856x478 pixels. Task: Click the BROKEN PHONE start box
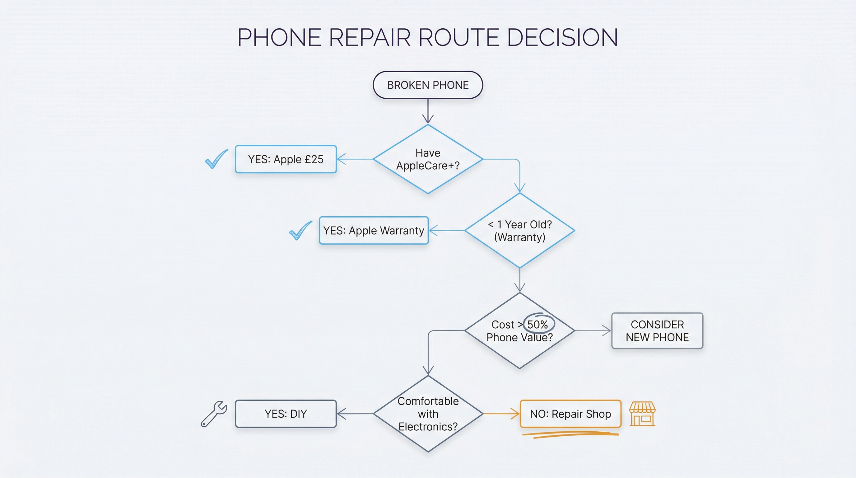428,85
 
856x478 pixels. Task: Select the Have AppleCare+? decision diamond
428,159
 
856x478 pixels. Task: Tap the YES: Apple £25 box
286,159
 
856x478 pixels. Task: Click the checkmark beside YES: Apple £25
216,159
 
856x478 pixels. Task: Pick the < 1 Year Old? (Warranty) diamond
519,231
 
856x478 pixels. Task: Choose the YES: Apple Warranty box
374,231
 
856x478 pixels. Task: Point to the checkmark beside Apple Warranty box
300,230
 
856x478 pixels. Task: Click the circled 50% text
538,324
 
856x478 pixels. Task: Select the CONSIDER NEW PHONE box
657,331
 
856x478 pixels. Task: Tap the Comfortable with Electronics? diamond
428,414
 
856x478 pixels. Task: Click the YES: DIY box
286,414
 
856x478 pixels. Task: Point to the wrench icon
214,414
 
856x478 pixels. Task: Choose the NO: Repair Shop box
570,414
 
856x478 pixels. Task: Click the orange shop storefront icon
642,414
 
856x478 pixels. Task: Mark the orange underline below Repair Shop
570,434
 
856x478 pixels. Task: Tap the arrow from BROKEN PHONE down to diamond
428,111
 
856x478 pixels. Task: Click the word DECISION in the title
562,37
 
